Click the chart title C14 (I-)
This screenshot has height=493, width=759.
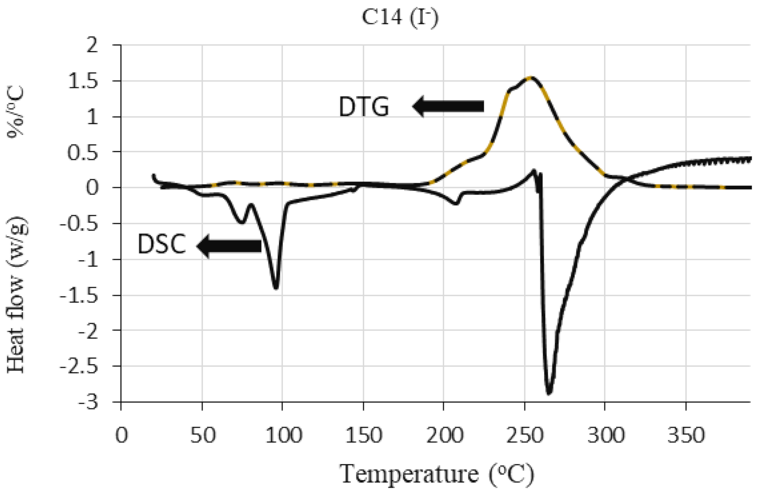[x=400, y=17]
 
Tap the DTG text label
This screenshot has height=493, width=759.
[x=364, y=107]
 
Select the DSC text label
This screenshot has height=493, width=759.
[x=162, y=244]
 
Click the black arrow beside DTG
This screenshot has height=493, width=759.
[x=448, y=106]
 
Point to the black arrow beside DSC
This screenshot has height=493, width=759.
[x=229, y=246]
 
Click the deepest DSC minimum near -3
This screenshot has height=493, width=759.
[x=549, y=392]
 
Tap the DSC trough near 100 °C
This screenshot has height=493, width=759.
[x=275, y=287]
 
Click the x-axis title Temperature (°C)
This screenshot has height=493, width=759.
[x=437, y=474]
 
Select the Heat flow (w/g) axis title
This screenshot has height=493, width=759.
[x=17, y=295]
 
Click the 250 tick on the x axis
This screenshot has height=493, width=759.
[x=524, y=436]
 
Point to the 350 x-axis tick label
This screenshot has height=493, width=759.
[x=685, y=436]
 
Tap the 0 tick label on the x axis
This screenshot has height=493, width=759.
[x=121, y=436]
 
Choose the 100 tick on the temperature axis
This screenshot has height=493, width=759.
[x=283, y=436]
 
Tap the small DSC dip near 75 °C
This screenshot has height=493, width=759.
[x=241, y=222]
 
